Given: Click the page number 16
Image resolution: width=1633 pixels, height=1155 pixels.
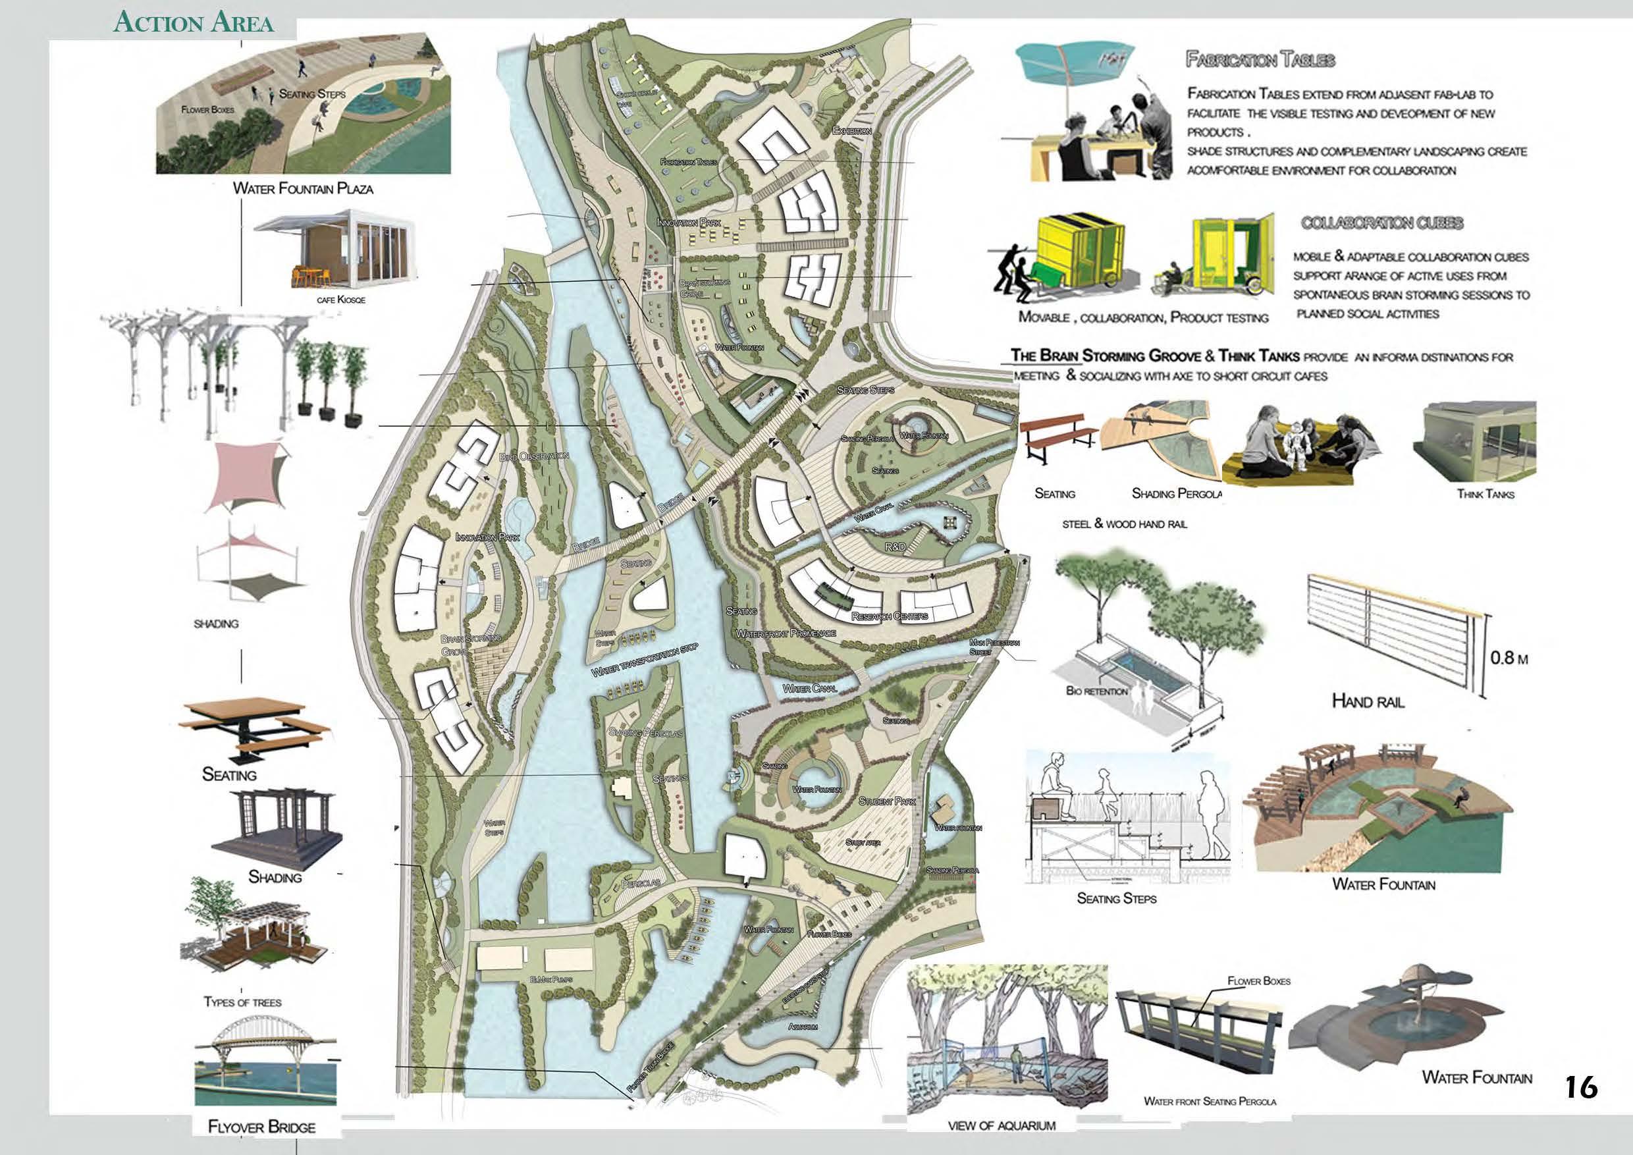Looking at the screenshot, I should (x=1581, y=1088).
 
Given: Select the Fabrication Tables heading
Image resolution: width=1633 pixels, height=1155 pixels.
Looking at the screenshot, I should (x=1260, y=60).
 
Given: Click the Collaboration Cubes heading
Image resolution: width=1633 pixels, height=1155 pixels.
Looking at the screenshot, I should (x=1382, y=223).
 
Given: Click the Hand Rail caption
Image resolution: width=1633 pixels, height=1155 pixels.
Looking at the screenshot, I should (x=1368, y=702).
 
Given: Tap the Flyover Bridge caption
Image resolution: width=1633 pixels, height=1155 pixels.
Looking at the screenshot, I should (x=261, y=1127).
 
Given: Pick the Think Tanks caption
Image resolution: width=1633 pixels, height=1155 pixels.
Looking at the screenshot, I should (x=1485, y=494).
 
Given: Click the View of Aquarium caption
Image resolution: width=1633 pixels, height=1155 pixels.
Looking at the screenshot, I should (x=1001, y=1126).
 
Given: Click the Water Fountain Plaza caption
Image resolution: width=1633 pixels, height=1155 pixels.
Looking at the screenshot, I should (x=303, y=189).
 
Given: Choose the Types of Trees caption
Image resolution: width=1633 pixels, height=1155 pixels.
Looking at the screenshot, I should (x=242, y=1002).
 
